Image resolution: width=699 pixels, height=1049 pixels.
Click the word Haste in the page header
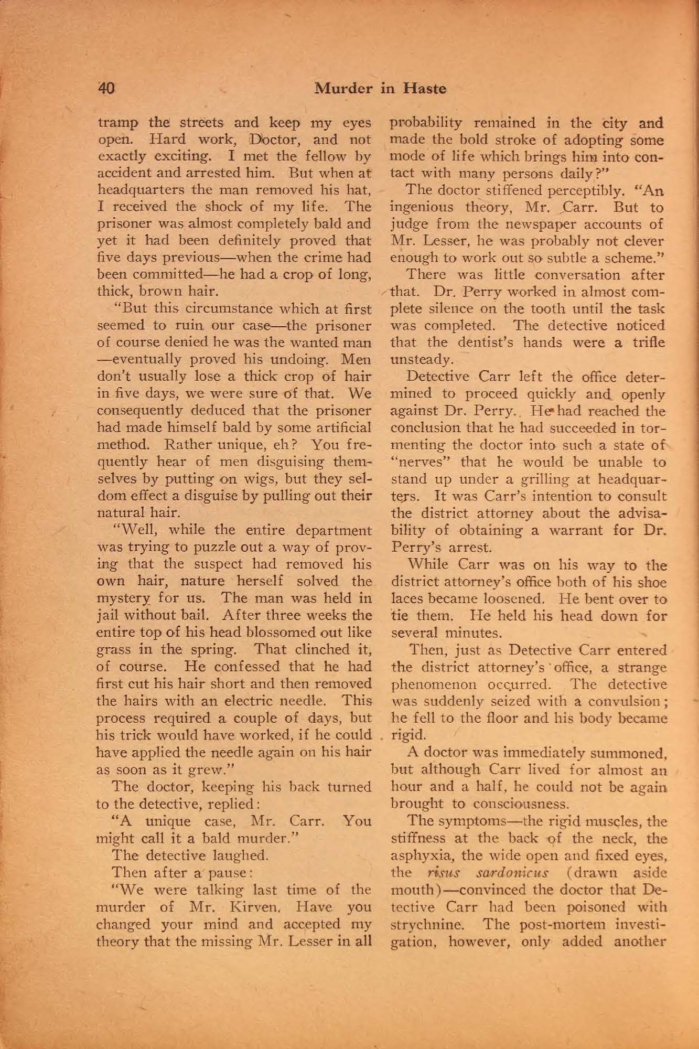(x=424, y=89)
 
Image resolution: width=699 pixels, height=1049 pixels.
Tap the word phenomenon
(x=425, y=684)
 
